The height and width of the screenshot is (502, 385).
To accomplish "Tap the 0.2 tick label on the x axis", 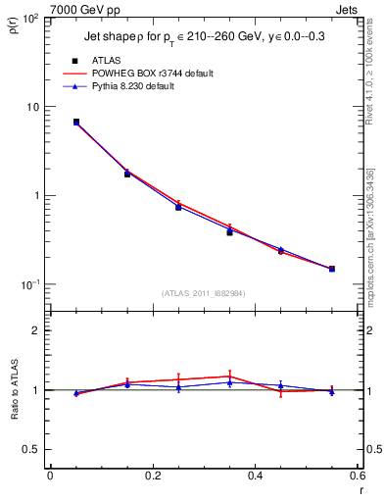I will pyautogui.click(x=153, y=476).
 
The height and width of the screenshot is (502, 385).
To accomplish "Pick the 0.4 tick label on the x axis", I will pyautogui.click(x=256, y=476).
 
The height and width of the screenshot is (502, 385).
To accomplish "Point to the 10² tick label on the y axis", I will pyautogui.click(x=29, y=19).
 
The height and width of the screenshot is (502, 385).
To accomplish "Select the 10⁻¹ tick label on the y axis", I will pyautogui.click(x=29, y=284).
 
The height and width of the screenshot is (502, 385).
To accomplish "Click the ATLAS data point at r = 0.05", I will pyautogui.click(x=75, y=122).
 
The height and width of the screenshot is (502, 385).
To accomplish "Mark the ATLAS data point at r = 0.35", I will pyautogui.click(x=229, y=232).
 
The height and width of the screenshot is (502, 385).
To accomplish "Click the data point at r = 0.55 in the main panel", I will pyautogui.click(x=332, y=269).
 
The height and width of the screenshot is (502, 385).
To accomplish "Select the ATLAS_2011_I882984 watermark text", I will pyautogui.click(x=204, y=293).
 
